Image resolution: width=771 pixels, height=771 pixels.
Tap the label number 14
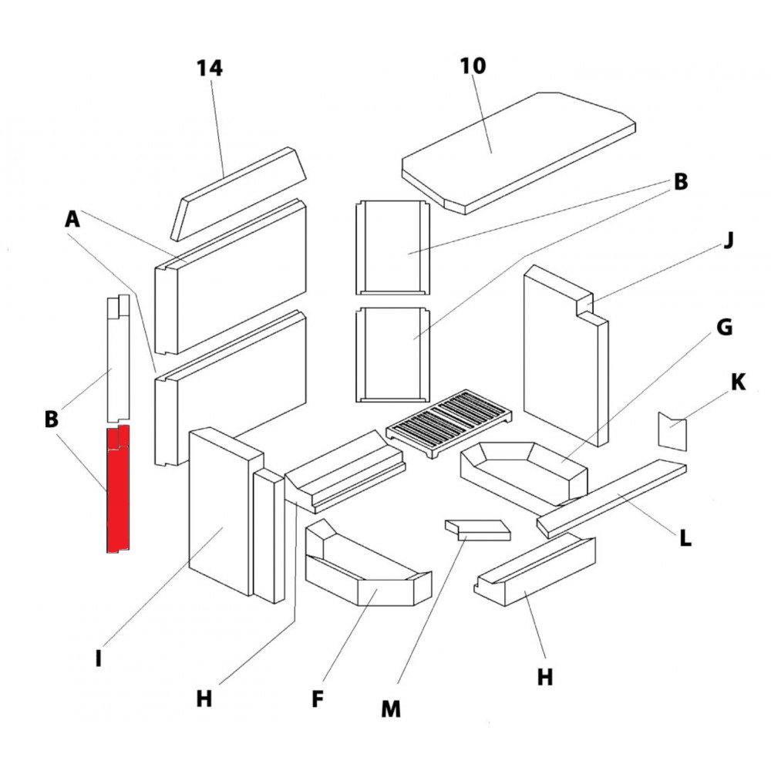pyautogui.click(x=209, y=69)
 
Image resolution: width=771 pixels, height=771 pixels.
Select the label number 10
pyautogui.click(x=474, y=66)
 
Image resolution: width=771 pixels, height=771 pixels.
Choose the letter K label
pyautogui.click(x=738, y=382)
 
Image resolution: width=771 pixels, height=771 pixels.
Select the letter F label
pyautogui.click(x=318, y=699)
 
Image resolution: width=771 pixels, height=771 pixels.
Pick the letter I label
pyautogui.click(x=99, y=660)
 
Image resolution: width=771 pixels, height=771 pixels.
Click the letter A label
pyautogui.click(x=72, y=221)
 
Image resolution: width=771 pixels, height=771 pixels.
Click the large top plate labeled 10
pyautogui.click(x=517, y=150)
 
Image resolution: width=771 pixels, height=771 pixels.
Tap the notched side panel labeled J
pyautogui.click(x=563, y=355)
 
